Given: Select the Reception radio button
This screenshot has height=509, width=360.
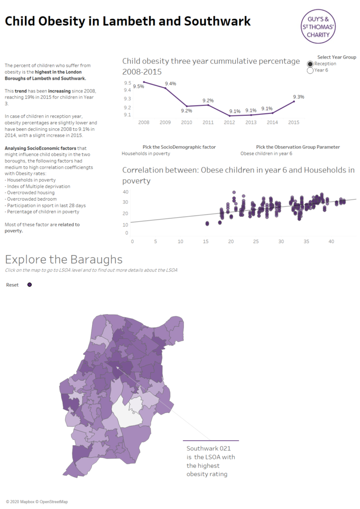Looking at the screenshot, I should pos(310,64).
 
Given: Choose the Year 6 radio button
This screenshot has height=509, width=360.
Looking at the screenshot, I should pos(310,71).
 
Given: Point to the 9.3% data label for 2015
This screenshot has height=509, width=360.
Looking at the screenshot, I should pos(298,97).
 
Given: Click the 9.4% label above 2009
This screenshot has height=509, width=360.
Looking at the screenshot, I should pos(171,84).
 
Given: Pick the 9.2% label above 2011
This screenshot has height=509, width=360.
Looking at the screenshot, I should pos(208,100).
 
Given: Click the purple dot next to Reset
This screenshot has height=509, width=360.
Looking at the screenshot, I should pos(30,285).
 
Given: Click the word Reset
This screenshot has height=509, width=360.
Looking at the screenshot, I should pos(12,285).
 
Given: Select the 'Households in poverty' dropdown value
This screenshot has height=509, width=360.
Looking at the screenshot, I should pos(146,154).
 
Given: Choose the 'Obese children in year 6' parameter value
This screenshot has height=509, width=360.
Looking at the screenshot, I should pos(266,154).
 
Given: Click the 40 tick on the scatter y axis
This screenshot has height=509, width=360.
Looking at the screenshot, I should pos(126,192).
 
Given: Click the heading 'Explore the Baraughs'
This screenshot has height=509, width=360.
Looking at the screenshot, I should pos(63,259).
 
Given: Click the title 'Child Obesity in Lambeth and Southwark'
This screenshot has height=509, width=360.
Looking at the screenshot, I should pos(128,21).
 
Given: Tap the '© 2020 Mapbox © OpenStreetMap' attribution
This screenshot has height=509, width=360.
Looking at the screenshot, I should pos(37,502).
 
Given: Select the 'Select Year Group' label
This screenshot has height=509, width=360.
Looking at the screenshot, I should pos(337,57).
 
